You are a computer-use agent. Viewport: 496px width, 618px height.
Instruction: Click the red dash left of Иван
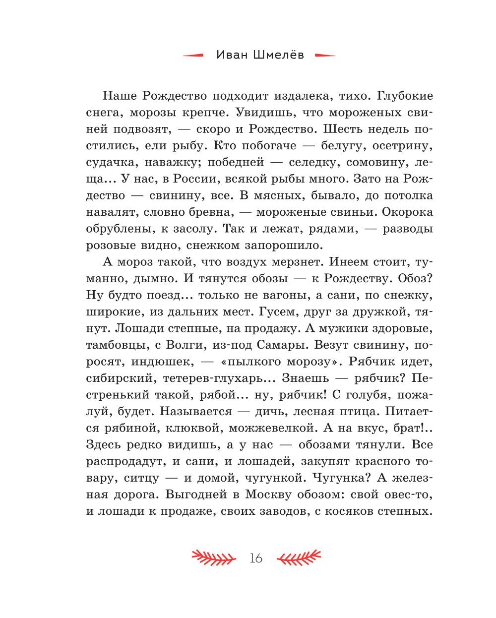click(x=193, y=56)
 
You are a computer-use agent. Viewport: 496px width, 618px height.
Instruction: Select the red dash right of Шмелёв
click(x=325, y=56)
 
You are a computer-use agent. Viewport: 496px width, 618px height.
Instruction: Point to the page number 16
click(x=256, y=558)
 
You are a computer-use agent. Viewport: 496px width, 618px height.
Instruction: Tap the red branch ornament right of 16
click(x=299, y=558)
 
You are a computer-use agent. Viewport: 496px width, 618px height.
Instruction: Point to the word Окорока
click(x=407, y=212)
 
